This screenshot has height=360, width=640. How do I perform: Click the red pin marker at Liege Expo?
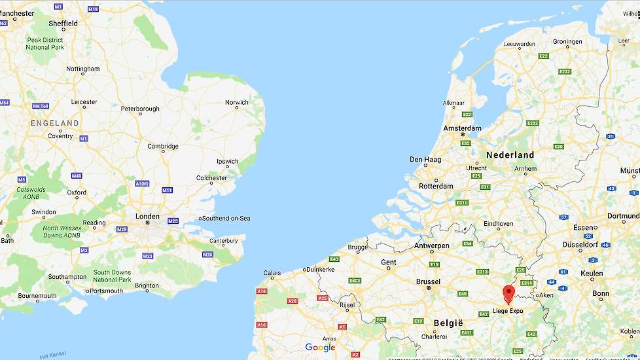coord(508,293)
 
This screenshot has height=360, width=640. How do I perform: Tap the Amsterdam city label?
coord(462,128)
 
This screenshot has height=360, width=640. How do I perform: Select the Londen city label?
coord(147,217)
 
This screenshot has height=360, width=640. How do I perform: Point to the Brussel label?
coord(428,281)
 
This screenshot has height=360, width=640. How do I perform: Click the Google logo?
coord(320,348)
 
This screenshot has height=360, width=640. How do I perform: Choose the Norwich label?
coord(236,103)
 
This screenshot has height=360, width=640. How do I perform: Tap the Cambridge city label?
coord(162,147)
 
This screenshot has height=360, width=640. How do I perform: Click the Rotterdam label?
coord(436,186)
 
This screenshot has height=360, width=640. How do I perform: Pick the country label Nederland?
coord(510,155)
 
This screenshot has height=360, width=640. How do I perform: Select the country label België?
coord(448,323)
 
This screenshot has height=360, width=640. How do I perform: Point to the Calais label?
coord(272,273)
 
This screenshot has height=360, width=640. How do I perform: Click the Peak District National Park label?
coord(45,43)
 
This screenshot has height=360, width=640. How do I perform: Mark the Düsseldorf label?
coord(580,245)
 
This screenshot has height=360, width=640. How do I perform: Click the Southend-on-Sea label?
coord(226,218)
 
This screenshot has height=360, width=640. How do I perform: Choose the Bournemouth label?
coord(37,296)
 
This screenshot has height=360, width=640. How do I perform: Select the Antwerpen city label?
coord(431,246)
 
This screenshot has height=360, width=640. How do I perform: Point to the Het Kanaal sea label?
coord(53,355)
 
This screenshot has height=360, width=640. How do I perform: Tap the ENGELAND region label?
coord(54,123)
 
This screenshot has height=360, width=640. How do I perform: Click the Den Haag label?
coord(425,159)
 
